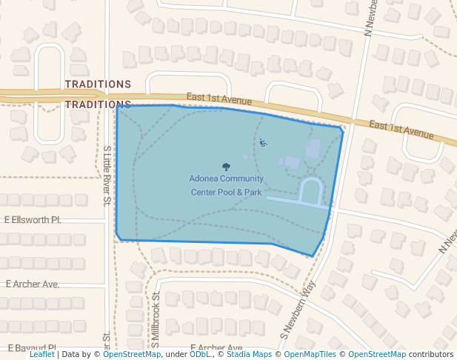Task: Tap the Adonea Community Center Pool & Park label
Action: [226, 185]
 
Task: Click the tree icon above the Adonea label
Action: [226, 167]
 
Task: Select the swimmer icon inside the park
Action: [263, 142]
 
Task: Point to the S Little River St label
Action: [107, 175]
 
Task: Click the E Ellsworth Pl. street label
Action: [33, 220]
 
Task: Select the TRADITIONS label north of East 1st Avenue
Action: [98, 84]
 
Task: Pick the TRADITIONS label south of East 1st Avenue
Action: [98, 104]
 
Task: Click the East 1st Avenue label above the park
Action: [220, 99]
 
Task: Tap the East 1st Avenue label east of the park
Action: [401, 130]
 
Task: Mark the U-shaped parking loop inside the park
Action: [311, 191]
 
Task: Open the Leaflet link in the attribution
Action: [42, 354]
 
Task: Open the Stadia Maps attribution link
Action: [249, 354]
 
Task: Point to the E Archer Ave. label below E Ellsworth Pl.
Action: [33, 284]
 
